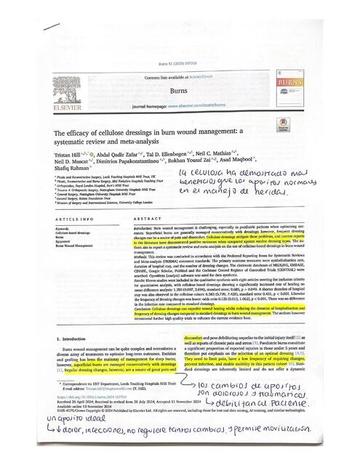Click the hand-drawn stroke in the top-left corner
click(52, 28)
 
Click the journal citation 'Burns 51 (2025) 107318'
click(179, 65)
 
